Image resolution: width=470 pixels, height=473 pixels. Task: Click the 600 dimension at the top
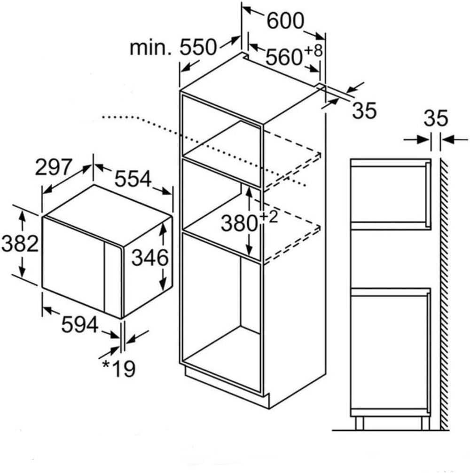click(285, 21)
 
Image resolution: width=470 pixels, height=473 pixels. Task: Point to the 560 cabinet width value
click(284, 57)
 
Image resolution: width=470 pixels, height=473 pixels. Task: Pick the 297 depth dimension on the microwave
click(54, 167)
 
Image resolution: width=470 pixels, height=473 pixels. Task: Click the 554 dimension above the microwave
click(133, 179)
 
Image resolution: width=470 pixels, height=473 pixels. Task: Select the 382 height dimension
click(20, 243)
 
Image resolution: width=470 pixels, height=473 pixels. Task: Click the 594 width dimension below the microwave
click(80, 324)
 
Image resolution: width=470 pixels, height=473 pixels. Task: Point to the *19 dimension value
click(119, 368)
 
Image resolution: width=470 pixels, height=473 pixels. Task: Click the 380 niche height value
click(239, 223)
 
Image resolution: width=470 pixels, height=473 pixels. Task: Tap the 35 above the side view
click(436, 118)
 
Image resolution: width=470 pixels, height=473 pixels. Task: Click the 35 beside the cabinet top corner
click(364, 110)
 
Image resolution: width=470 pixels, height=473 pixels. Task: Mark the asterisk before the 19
click(106, 364)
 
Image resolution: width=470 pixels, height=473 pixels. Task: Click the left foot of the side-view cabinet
click(360, 423)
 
